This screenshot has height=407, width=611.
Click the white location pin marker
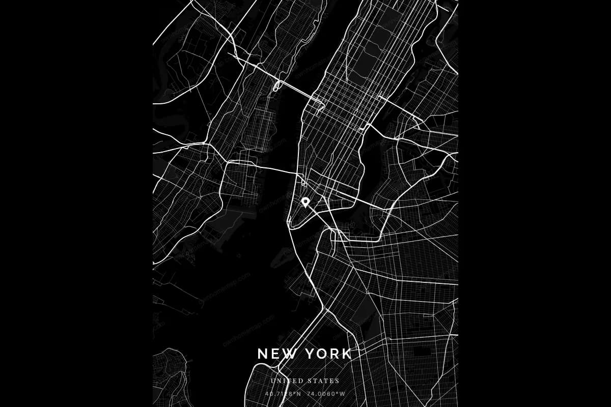[305, 202]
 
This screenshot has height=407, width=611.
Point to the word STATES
[323, 381]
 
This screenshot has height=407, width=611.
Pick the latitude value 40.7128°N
[283, 393]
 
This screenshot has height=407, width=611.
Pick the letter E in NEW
[274, 354]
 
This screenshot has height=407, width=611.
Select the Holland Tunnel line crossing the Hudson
[275, 168]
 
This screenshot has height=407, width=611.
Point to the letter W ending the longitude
[343, 393]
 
